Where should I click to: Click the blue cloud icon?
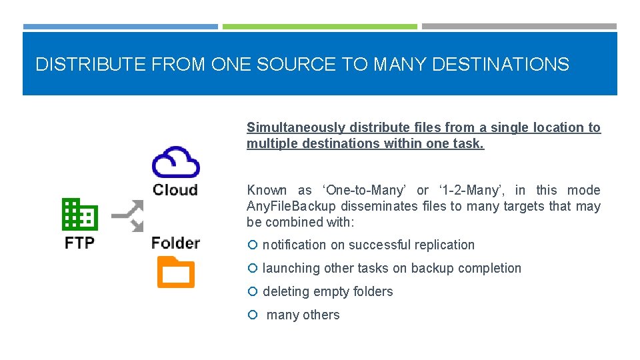point(175,162)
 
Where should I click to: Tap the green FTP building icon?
point(80,214)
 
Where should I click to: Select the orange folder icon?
point(175,272)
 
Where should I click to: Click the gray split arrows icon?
point(127,215)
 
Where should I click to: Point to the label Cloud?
point(175,189)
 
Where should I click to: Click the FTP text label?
point(80,243)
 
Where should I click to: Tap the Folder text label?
point(175,243)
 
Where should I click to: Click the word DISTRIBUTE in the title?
point(91,65)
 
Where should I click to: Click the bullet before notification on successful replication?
point(252,245)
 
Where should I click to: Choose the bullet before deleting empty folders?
point(252,292)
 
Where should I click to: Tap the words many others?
point(303,315)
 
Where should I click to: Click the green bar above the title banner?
point(319,27)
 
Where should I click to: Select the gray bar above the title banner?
point(519,27)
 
